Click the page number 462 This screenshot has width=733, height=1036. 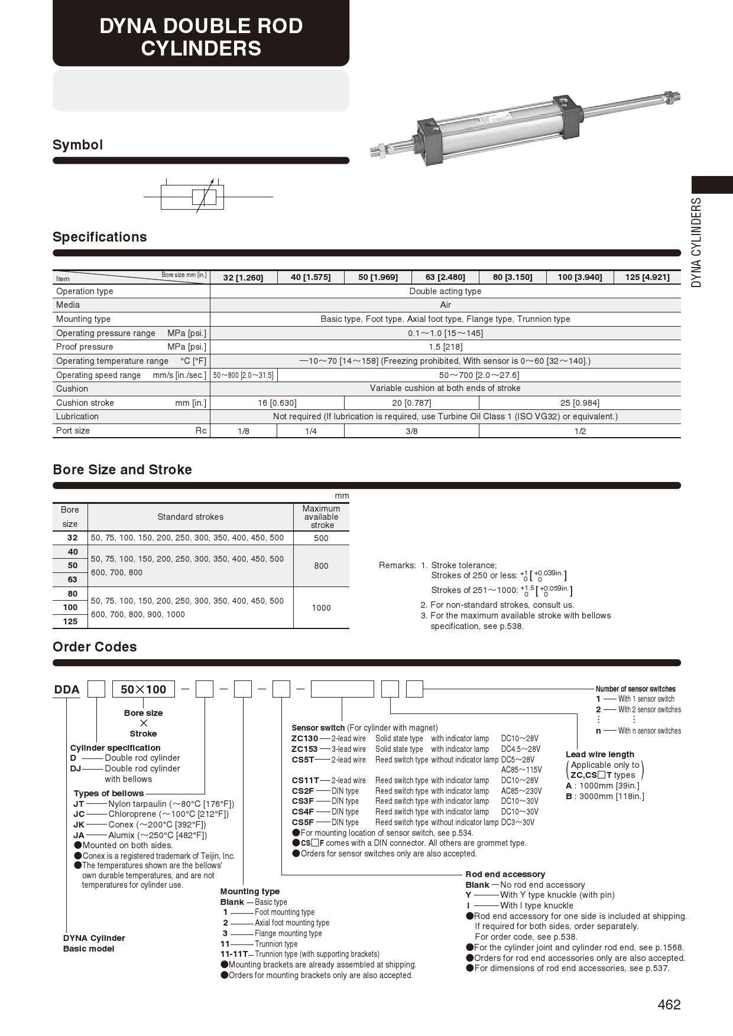(x=669, y=1005)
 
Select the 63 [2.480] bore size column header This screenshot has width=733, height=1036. (x=445, y=277)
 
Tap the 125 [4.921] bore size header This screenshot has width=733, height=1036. (x=647, y=277)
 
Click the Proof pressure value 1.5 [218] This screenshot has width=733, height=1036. (x=445, y=347)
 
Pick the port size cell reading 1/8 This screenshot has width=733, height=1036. (x=244, y=431)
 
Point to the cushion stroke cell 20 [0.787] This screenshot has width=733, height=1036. (x=411, y=403)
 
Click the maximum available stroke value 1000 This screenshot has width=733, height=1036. (x=321, y=608)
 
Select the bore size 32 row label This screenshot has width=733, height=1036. (x=72, y=537)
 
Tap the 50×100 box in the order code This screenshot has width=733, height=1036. (x=144, y=689)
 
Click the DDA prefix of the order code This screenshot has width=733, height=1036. (x=67, y=689)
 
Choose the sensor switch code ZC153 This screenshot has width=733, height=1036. (x=304, y=749)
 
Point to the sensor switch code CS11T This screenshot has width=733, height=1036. (x=305, y=780)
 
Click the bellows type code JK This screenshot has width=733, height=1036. (x=79, y=825)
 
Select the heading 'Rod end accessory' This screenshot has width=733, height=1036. (x=505, y=874)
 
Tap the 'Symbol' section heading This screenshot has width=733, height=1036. (x=77, y=145)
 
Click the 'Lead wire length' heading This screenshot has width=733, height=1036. (x=599, y=754)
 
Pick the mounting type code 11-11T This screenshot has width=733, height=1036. (x=233, y=954)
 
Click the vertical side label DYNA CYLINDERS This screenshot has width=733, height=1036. (x=697, y=242)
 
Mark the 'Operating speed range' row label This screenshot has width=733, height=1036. (x=98, y=375)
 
